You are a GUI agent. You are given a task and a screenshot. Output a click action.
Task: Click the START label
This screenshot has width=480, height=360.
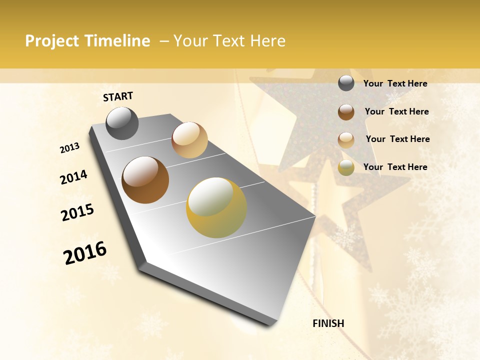[118, 96]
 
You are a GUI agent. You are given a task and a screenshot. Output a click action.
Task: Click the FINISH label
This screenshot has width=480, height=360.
[328, 323]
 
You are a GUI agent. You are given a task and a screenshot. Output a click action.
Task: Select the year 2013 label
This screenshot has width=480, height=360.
[69, 148]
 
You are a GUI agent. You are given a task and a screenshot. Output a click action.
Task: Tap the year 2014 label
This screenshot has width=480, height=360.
[73, 177]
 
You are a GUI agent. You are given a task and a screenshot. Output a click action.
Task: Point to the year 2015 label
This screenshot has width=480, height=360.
[77, 212]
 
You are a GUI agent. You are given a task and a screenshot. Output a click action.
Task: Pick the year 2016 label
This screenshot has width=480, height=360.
[85, 252]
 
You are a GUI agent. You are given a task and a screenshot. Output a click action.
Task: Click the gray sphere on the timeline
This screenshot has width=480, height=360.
[122, 123]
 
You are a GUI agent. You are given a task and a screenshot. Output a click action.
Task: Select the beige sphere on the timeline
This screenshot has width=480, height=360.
[189, 140]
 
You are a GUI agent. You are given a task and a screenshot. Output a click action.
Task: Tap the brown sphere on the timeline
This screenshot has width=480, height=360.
[145, 180]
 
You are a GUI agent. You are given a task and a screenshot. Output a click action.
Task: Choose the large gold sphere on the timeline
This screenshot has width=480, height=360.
[216, 207]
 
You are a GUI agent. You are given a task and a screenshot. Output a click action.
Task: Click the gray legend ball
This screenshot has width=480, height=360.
[346, 83]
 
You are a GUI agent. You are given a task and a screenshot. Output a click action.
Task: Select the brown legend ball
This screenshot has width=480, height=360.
[346, 111]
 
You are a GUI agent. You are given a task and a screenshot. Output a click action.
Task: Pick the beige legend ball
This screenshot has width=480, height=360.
[346, 139]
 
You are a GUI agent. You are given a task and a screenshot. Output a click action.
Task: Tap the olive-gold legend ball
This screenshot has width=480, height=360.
[346, 167]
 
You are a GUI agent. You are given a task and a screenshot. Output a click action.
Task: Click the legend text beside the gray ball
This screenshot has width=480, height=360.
[395, 83]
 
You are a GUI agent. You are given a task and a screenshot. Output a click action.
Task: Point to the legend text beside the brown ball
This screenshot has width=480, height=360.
[396, 111]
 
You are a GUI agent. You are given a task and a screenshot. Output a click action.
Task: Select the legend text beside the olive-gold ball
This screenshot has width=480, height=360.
[395, 167]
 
